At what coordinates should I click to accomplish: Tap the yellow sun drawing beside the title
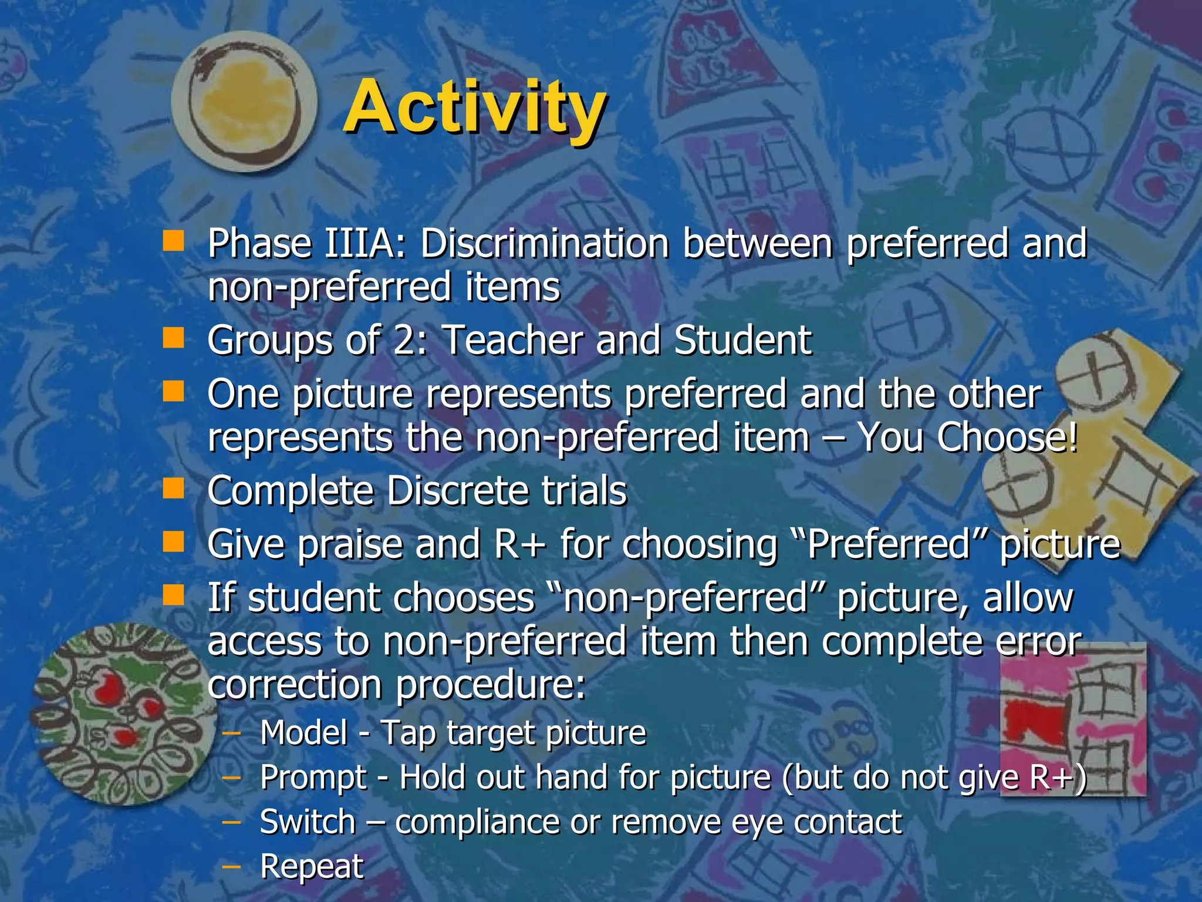click(244, 106)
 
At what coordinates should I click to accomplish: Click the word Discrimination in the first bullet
click(544, 244)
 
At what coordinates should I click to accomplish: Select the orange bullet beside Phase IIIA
click(173, 241)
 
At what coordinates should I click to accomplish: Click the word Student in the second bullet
click(742, 341)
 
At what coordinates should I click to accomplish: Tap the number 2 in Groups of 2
click(405, 341)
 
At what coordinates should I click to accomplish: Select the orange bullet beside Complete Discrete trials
click(173, 488)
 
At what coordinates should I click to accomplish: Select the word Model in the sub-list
click(304, 733)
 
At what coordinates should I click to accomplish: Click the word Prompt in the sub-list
click(313, 778)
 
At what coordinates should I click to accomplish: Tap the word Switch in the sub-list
click(308, 822)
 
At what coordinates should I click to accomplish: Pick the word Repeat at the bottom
click(312, 866)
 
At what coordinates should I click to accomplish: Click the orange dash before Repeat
click(232, 865)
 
